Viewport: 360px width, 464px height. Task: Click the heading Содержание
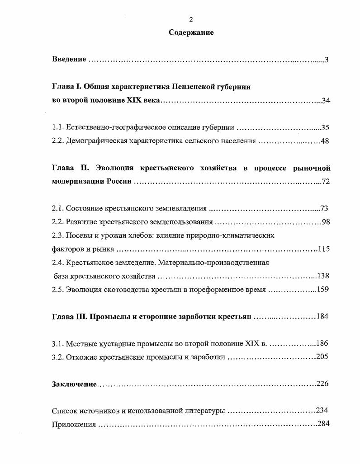coord(191,33)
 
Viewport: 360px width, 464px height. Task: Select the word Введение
coord(69,60)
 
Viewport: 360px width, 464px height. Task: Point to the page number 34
coord(326,100)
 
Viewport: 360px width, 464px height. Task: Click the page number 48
coord(325,141)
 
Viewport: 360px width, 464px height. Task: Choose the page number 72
coord(326,182)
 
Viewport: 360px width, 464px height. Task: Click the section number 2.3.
coord(57,235)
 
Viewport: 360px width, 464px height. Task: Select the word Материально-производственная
coord(214,262)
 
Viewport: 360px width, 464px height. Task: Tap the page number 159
coord(322,290)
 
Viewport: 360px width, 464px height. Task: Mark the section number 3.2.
coord(57,357)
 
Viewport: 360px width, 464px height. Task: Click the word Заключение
coord(74,384)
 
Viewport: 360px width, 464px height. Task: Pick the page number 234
coord(322,411)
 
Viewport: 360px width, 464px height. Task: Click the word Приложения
coord(74,424)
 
